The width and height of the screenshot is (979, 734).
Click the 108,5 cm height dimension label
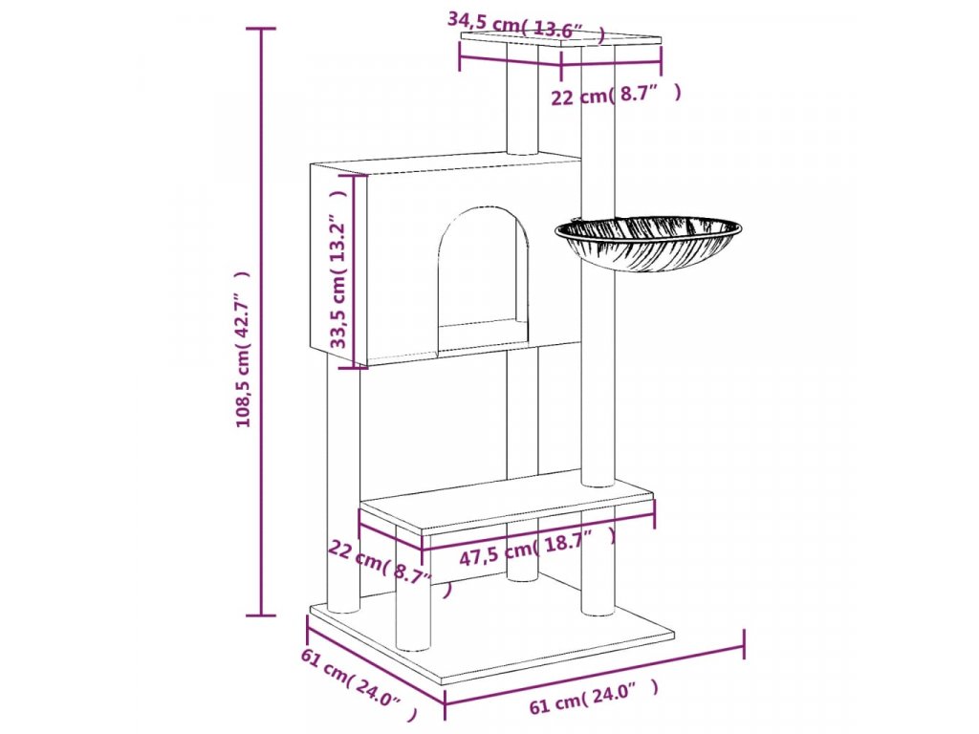click(x=245, y=349)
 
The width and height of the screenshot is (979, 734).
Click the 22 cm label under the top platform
click(x=617, y=95)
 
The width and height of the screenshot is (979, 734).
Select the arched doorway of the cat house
click(x=483, y=272)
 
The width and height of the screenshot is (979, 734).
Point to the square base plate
click(x=497, y=636)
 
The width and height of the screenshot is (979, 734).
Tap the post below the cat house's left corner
click(x=343, y=478)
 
